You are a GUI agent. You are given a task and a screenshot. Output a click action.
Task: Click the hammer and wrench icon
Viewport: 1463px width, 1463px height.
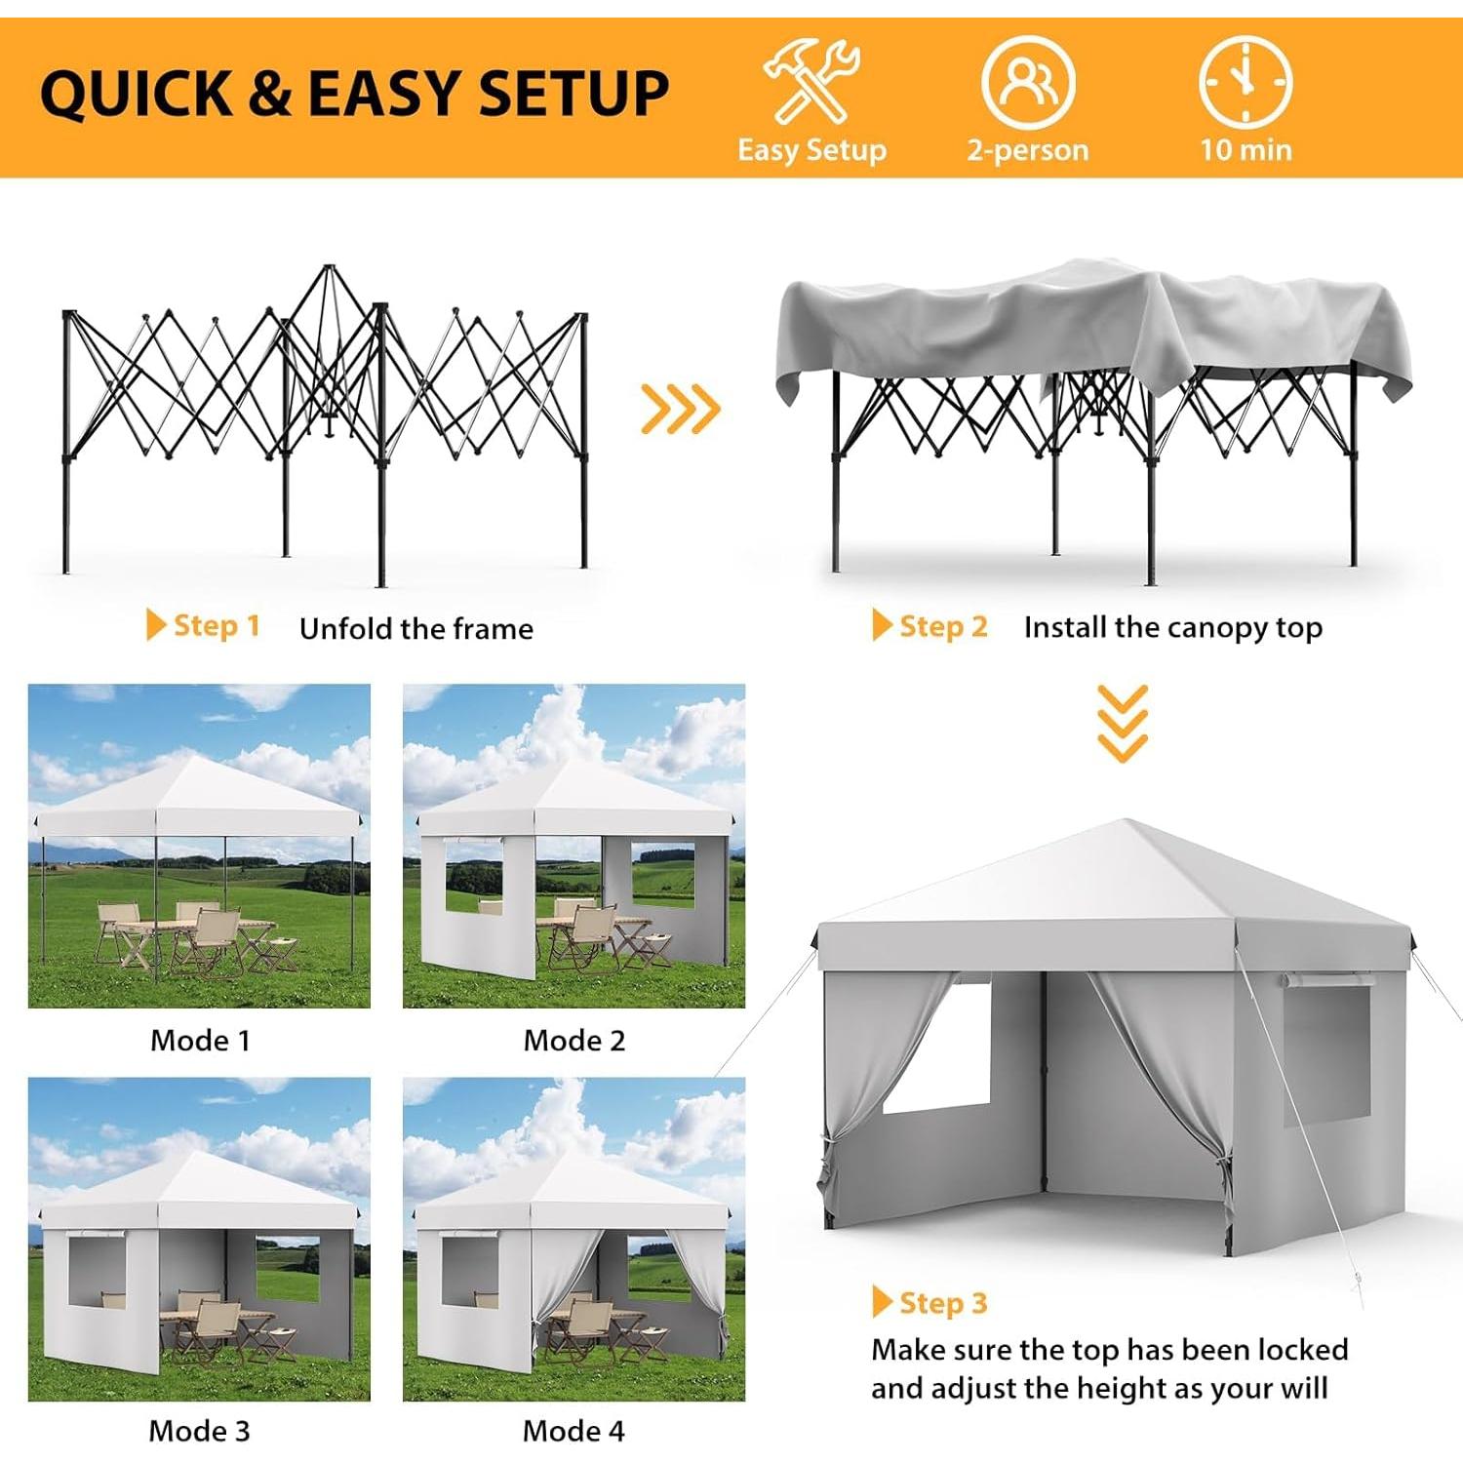811,82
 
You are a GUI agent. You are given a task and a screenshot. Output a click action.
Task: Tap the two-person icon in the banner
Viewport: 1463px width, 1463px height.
1028,82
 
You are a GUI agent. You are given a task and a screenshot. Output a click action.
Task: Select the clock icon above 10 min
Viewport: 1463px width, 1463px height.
1246,82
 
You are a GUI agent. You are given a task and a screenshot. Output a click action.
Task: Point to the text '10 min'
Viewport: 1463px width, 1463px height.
1246,150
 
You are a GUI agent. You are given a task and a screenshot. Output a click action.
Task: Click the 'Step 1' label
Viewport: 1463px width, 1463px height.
216,625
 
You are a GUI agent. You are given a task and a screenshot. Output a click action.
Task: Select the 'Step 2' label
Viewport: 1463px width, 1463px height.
942,626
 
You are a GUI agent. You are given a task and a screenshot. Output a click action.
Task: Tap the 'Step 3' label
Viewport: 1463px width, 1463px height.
942,1303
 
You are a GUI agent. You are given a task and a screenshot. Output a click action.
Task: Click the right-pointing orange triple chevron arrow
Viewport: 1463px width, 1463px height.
680,409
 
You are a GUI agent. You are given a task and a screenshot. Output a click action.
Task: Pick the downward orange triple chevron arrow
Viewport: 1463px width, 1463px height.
1123,723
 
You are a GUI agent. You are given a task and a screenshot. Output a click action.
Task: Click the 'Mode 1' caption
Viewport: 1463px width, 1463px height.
200,1041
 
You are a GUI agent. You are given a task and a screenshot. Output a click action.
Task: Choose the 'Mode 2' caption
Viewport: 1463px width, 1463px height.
574,1041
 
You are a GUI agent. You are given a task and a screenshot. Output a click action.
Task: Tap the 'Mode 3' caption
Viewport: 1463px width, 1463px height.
199,1431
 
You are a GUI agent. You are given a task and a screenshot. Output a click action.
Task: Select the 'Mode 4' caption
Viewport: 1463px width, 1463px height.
573,1431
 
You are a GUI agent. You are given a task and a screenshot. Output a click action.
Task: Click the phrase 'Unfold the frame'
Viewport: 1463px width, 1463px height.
416,629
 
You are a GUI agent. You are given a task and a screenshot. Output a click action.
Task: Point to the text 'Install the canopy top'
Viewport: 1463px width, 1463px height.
1173,627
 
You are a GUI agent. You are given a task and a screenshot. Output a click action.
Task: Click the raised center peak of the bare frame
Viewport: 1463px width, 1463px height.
329,278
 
